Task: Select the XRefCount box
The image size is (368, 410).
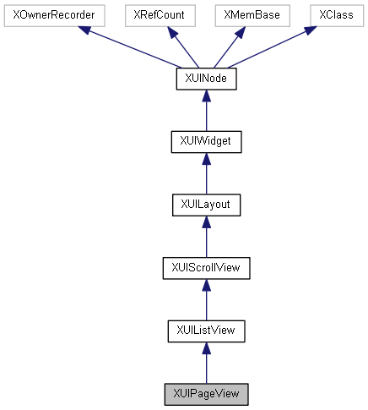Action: coord(160,15)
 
